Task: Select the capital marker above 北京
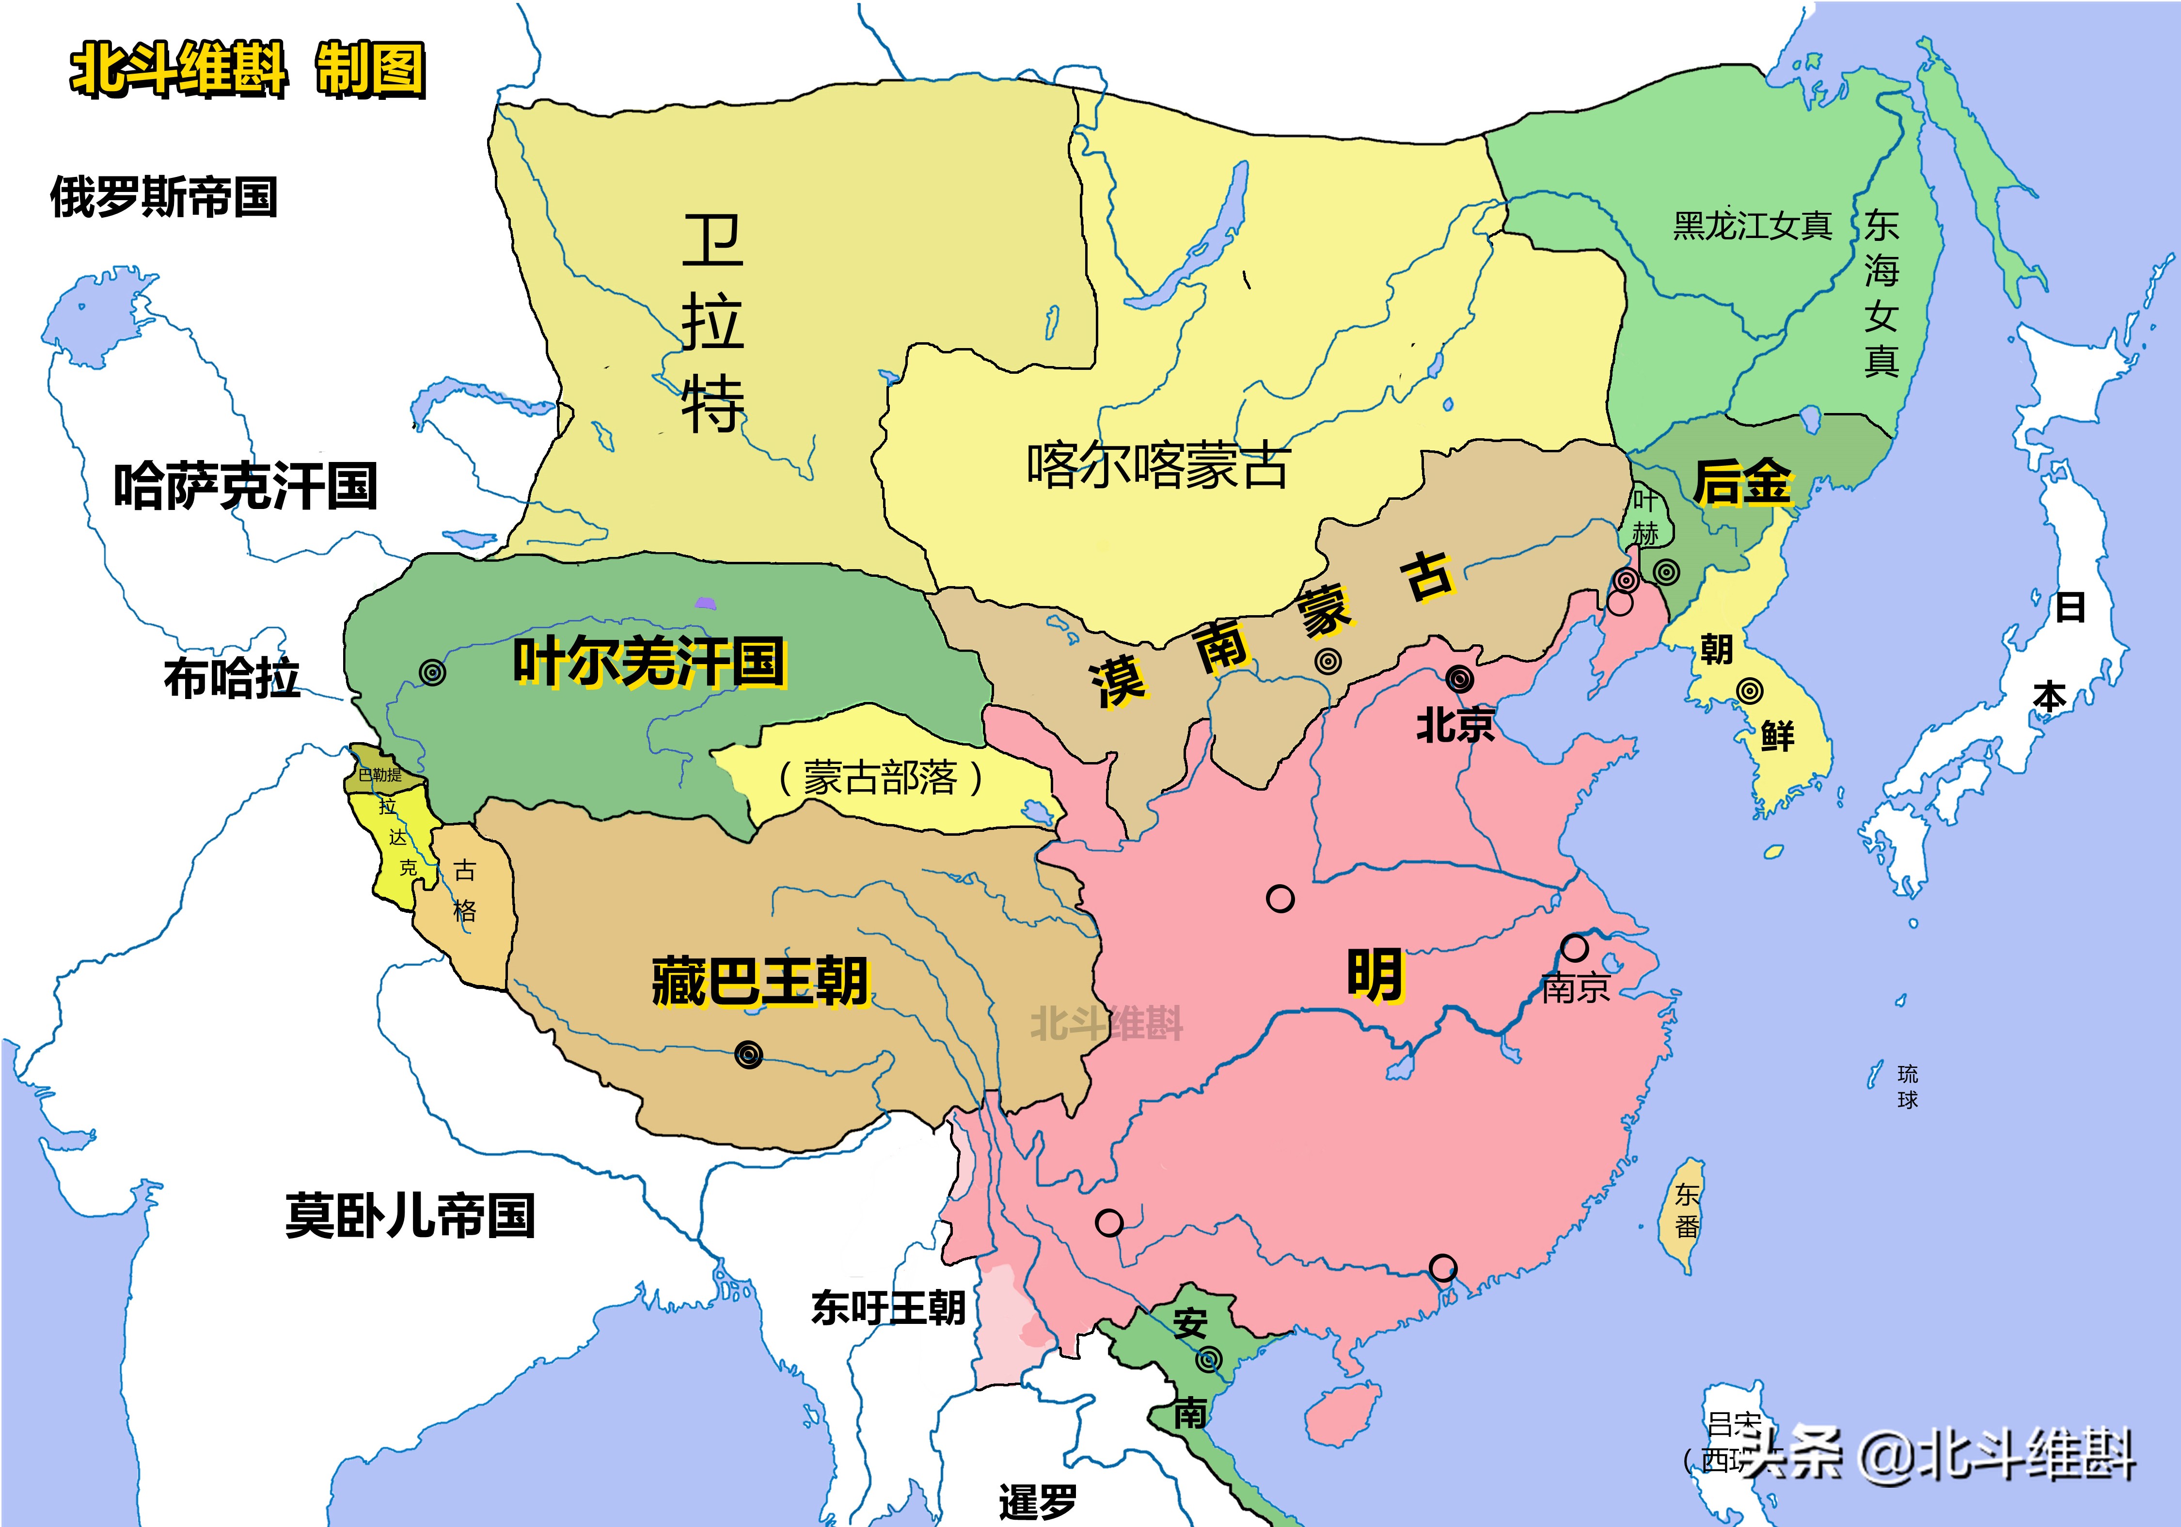pos(1460,679)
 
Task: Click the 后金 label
pos(1742,483)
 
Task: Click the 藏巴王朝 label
pos(760,982)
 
